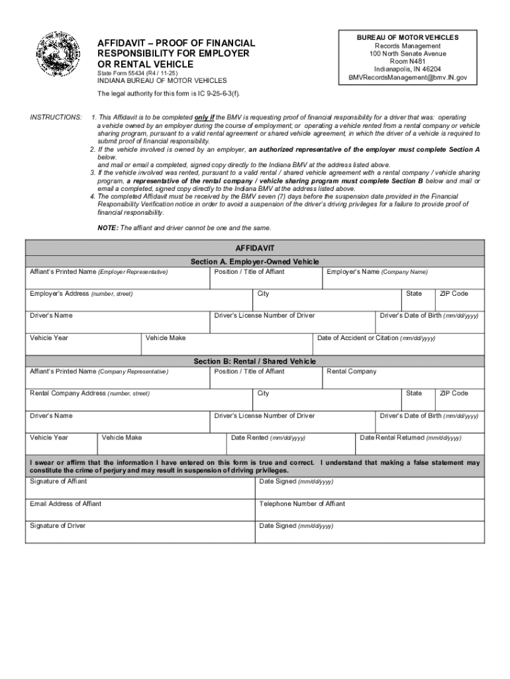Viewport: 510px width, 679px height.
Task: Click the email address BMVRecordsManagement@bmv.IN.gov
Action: tap(407, 78)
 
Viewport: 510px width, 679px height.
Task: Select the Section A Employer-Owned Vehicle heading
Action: tap(254, 262)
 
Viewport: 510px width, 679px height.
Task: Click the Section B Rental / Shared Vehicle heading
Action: tap(254, 361)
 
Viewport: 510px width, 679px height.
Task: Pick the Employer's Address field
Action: tap(140, 300)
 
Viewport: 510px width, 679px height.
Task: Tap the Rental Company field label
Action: tap(352, 371)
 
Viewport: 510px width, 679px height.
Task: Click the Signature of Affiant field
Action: tap(140, 489)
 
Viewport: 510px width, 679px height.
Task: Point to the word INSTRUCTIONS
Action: tap(56, 117)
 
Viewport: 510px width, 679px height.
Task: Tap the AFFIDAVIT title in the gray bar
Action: tap(254, 247)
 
